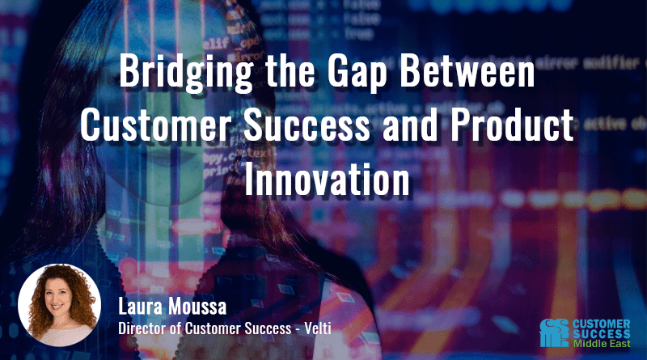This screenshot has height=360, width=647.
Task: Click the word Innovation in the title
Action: [x=323, y=180]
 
